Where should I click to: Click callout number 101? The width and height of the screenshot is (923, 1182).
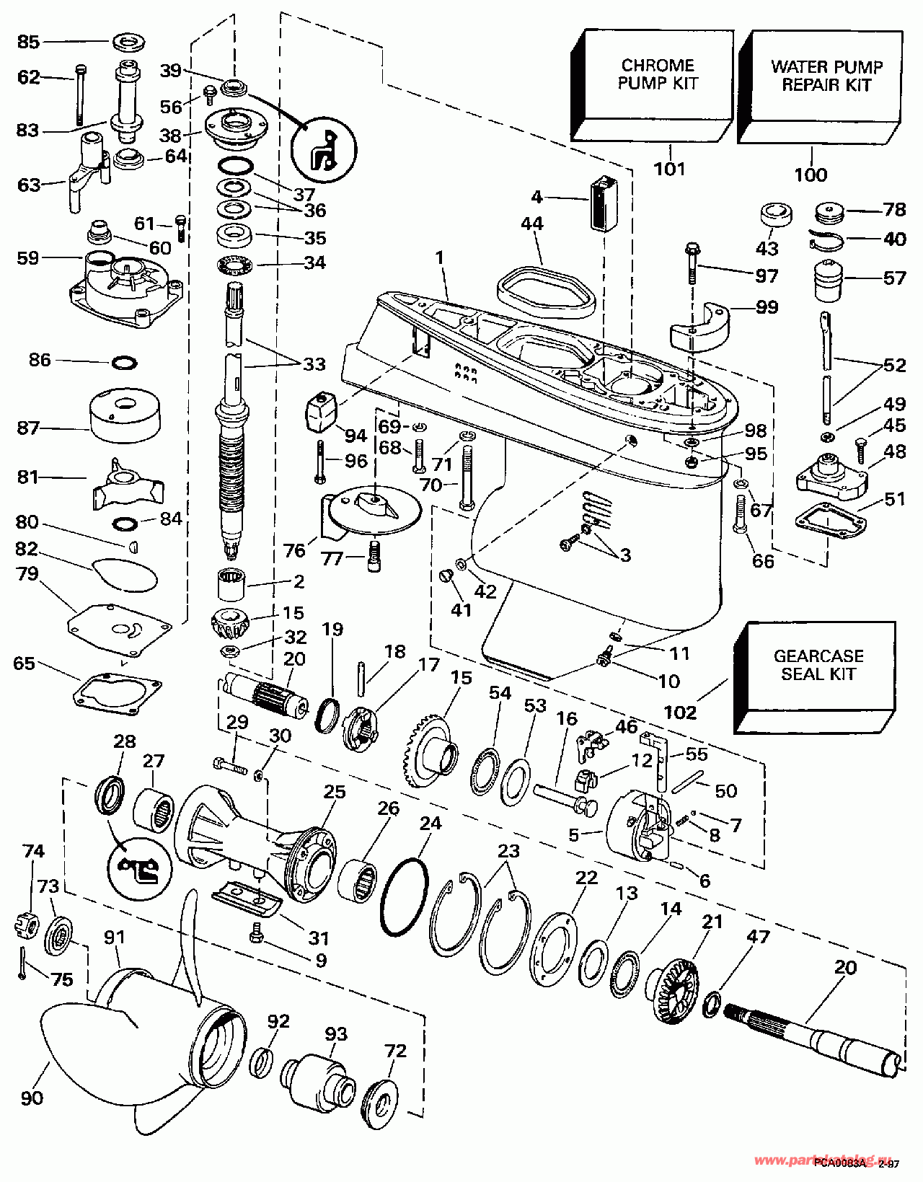tap(669, 169)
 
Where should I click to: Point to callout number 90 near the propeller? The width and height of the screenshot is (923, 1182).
tap(32, 1098)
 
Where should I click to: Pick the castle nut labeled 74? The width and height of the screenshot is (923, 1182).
tap(26, 923)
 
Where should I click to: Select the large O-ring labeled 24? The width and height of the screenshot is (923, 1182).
tap(404, 897)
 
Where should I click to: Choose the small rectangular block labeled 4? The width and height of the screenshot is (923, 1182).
tap(604, 203)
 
